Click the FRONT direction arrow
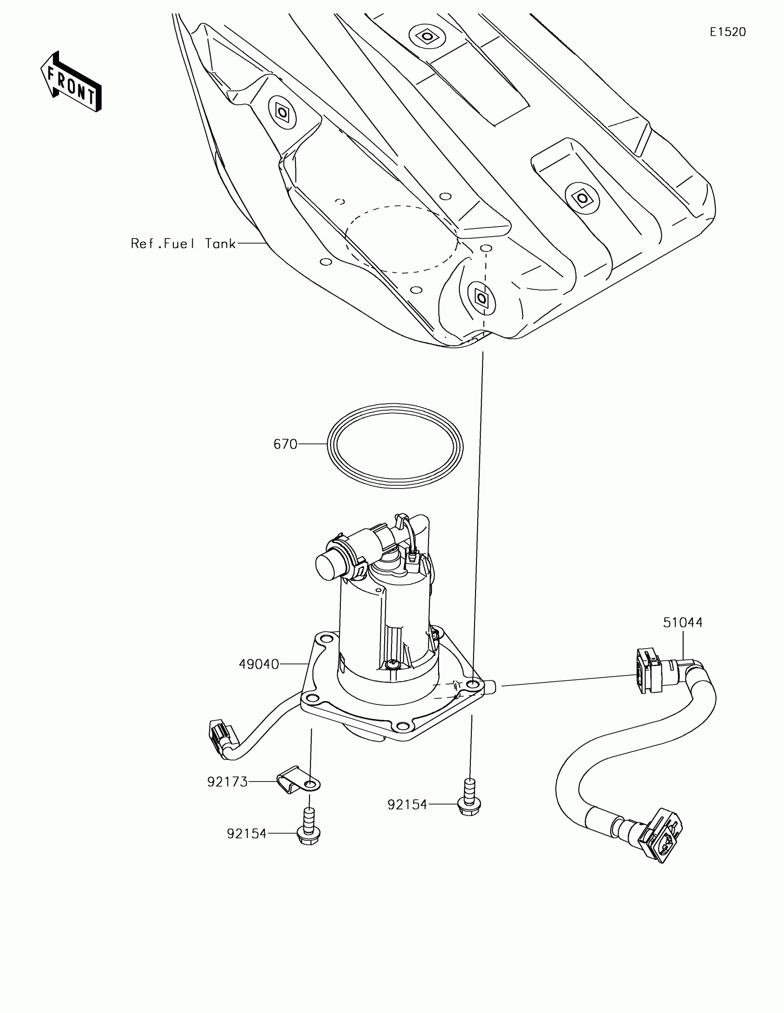click(71, 82)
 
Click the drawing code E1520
click(727, 32)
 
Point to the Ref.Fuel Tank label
click(183, 244)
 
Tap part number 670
click(285, 444)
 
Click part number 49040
click(259, 664)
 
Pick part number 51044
click(683, 622)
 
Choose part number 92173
click(227, 782)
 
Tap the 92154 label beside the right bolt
click(407, 805)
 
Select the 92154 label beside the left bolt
click(247, 834)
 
